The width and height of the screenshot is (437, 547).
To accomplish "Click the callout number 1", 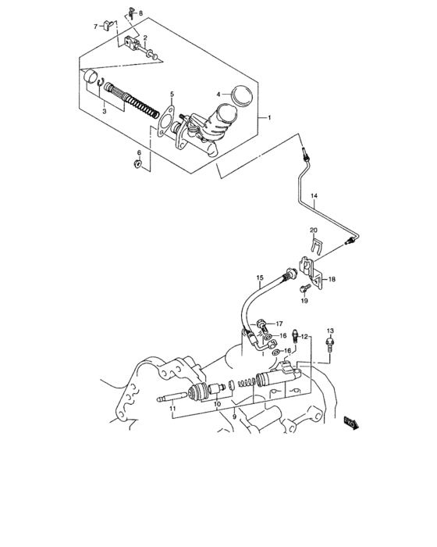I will [268, 117].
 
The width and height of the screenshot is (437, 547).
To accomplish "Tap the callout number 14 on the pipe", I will [315, 195].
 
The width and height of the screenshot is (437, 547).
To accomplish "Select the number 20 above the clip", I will [313, 230].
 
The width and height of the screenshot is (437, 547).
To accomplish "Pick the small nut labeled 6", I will [139, 164].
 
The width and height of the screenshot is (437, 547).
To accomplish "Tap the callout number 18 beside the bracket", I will [331, 279].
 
